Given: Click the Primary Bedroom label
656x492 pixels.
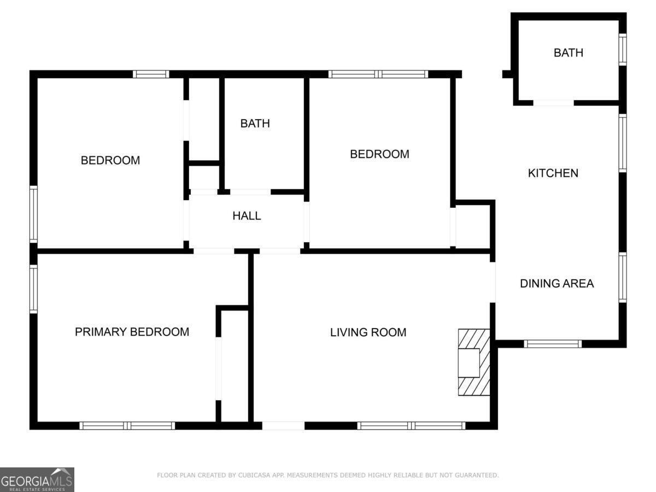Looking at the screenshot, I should (x=132, y=332).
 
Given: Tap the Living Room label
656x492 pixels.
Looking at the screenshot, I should (x=368, y=332).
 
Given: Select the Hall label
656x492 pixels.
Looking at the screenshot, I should (x=247, y=216).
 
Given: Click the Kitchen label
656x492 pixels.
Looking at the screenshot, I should (x=553, y=173).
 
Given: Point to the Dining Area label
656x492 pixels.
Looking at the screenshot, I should (x=557, y=284).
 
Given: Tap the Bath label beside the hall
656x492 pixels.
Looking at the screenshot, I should (x=255, y=124).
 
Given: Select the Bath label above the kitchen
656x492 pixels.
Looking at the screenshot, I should (x=568, y=53).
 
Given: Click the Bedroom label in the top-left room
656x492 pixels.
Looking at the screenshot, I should (x=110, y=161).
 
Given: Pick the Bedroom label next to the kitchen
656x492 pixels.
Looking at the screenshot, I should (x=379, y=154).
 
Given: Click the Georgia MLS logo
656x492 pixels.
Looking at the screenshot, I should (x=37, y=479).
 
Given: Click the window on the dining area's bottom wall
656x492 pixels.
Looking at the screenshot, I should (x=552, y=344).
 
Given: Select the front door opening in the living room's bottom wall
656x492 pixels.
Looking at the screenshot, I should (x=283, y=425).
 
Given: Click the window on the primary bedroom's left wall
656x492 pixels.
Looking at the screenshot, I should (x=33, y=289).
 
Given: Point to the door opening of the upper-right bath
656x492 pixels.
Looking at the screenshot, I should (x=553, y=102).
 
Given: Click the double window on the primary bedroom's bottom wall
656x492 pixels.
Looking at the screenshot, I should (x=127, y=425).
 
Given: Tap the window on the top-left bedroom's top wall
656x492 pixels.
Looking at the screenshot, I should (x=151, y=74).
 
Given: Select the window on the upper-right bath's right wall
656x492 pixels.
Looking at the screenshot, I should (x=622, y=49).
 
